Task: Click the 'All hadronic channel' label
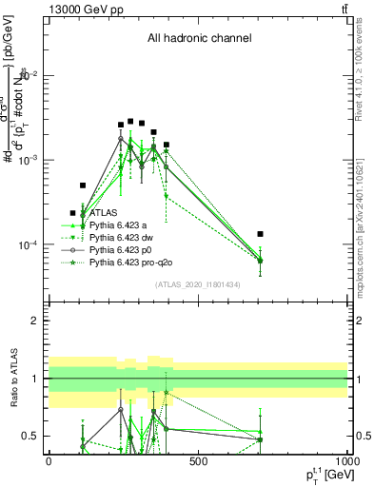[x=199, y=39]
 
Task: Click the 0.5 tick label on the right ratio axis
[x=363, y=437]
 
